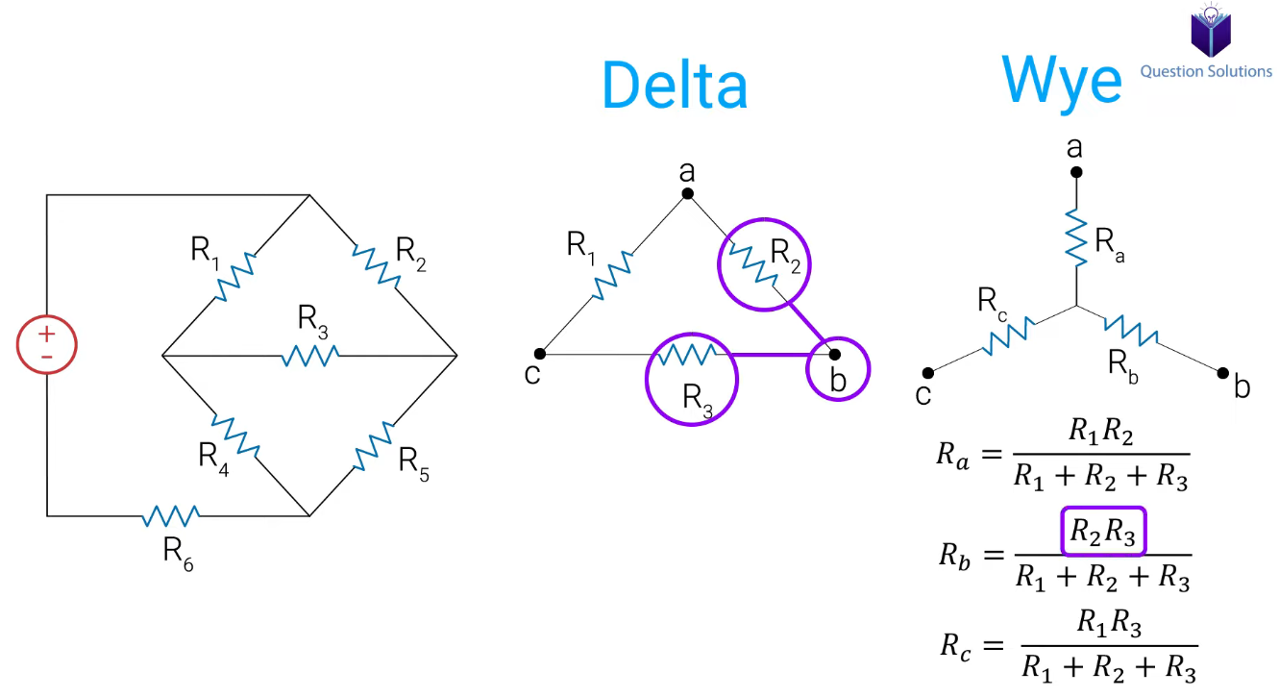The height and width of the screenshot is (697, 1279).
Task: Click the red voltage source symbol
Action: (47, 344)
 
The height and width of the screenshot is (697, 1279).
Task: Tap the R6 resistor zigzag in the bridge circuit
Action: (171, 516)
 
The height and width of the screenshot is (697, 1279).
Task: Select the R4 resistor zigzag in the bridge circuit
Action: (235, 436)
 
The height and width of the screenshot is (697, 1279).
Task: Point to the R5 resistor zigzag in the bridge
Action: (374, 446)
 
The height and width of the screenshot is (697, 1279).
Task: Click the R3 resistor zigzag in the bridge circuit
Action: (310, 356)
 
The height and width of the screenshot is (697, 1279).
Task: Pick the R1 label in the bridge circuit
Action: (205, 252)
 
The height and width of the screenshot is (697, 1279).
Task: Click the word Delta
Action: (675, 85)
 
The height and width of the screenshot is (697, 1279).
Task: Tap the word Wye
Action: (1062, 83)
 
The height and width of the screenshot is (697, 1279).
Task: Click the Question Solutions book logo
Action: (1211, 31)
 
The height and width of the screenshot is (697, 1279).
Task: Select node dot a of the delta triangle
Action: (687, 193)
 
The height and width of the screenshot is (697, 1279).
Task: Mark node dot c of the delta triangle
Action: (540, 354)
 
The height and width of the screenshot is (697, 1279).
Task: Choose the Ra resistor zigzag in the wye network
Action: (1076, 237)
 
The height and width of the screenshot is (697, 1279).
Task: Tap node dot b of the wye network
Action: (1222, 373)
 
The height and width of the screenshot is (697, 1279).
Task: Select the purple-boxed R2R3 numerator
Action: (1103, 532)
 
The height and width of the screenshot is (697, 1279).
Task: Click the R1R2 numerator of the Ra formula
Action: (1101, 432)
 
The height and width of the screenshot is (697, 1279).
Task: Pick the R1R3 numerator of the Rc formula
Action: (1109, 623)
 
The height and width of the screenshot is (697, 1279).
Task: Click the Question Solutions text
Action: (1206, 71)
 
